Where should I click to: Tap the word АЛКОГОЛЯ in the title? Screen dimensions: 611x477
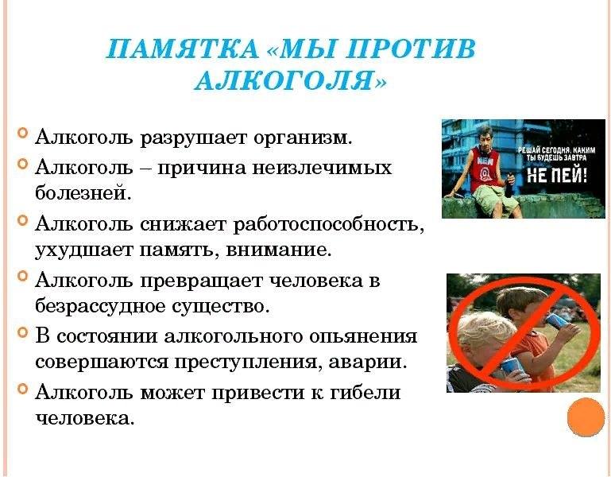click(x=285, y=81)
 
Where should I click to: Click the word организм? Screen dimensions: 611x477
click(x=303, y=138)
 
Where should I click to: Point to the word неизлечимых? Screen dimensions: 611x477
click(x=323, y=168)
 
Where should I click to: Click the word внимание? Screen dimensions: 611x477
click(x=279, y=250)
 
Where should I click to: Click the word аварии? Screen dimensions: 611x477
click(x=368, y=363)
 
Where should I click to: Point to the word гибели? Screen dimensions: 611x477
click(x=365, y=391)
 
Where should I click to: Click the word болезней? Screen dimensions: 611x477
click(x=83, y=193)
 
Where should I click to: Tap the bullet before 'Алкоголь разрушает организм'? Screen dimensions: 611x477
click(x=23, y=134)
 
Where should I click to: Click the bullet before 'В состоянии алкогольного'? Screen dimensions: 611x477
click(x=23, y=332)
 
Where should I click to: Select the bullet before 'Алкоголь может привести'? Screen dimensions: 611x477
click(x=23, y=389)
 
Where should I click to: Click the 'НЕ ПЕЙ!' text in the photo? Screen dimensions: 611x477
click(x=556, y=176)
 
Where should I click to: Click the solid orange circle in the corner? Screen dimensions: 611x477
click(x=586, y=417)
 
